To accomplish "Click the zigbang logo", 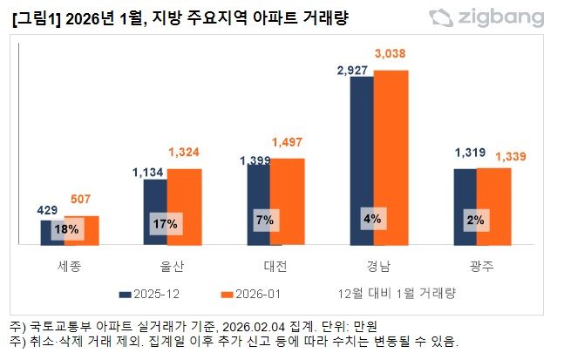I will point(488,17).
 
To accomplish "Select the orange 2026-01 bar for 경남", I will point(391,157).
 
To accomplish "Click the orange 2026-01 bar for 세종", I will point(81,231).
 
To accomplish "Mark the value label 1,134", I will point(149,172).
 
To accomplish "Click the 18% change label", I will point(66,230).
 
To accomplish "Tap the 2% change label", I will point(476,221).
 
